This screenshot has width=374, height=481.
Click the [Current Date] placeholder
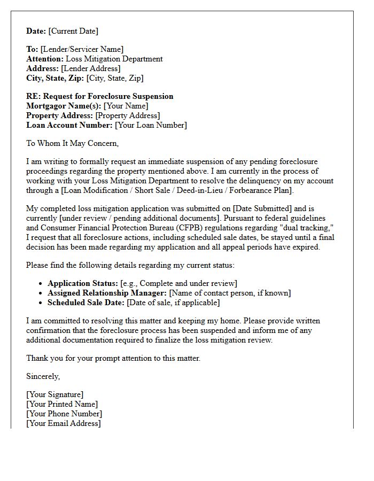click(74, 31)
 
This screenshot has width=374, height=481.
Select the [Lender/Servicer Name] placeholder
click(82, 50)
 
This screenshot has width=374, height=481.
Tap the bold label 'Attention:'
click(45, 59)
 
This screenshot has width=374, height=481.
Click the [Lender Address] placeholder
click(90, 69)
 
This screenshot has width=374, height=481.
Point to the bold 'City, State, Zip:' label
click(55, 79)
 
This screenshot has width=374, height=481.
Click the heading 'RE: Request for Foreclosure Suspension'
click(100, 97)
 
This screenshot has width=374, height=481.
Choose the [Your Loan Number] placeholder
click(151, 126)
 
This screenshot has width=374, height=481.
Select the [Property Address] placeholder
click(127, 116)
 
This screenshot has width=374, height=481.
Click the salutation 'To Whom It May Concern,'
click(73, 144)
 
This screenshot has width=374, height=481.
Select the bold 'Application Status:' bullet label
click(83, 284)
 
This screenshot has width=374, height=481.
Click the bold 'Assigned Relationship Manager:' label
click(107, 293)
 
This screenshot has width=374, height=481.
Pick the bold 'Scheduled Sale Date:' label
click(86, 303)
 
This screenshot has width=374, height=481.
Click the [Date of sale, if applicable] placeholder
click(173, 303)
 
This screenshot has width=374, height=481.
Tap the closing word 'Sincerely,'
click(43, 377)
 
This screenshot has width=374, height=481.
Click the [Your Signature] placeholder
click(55, 395)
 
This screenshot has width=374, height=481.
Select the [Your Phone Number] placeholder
click(64, 414)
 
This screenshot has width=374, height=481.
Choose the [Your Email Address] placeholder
click(64, 424)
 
